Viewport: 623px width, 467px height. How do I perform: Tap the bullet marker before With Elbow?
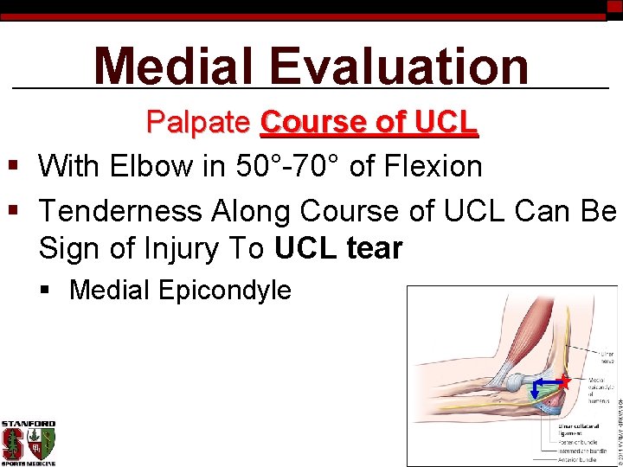point(12,165)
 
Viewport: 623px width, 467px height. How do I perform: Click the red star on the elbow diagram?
point(563,381)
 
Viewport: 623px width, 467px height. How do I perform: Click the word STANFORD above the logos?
point(28,424)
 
